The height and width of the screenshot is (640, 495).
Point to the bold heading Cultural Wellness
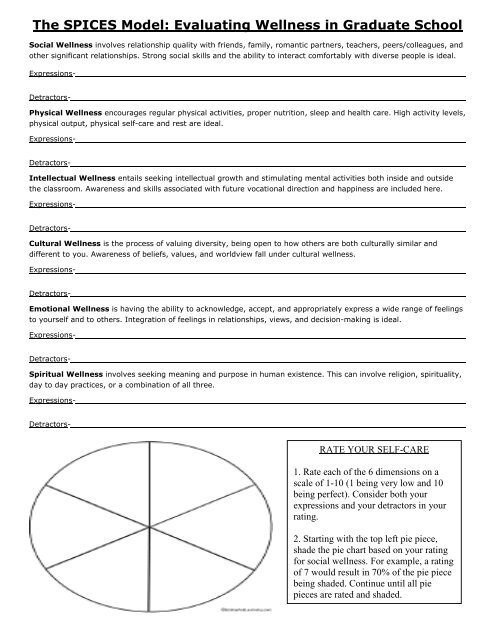click(63, 242)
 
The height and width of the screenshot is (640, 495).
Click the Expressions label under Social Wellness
click(51, 74)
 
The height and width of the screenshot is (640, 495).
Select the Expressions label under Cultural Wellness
click(51, 270)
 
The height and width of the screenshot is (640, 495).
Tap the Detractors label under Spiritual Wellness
click(49, 425)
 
